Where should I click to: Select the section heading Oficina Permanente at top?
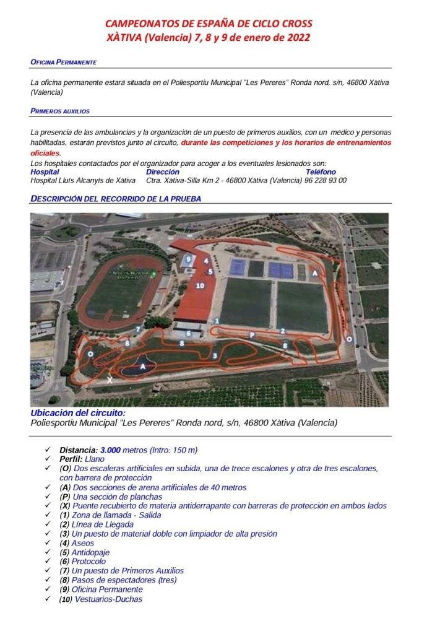[x=63, y=63]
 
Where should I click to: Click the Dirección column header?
[x=163, y=172]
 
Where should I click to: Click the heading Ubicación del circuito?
[x=78, y=413]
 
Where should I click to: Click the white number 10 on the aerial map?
[x=200, y=285]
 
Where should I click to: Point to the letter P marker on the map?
[x=251, y=335]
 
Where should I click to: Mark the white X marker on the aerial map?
[x=110, y=380]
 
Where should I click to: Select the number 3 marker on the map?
[x=215, y=356]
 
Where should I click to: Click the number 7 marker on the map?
[x=137, y=329]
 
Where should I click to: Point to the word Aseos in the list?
[x=84, y=543]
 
